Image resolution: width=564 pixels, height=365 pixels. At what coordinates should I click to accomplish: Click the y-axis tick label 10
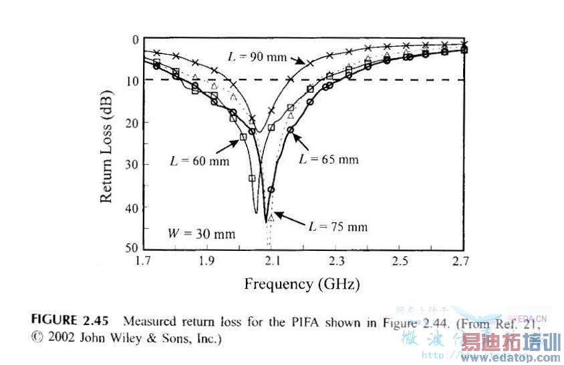click(132, 80)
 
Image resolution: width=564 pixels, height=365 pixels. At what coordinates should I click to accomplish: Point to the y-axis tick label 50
click(132, 248)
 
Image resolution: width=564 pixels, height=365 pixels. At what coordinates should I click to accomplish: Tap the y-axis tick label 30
click(132, 164)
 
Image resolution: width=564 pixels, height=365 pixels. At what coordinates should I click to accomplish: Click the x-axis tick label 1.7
click(142, 260)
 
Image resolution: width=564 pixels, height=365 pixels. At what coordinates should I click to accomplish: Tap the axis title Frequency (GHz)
click(302, 284)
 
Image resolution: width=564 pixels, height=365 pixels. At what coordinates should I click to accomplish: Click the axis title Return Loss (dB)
click(106, 143)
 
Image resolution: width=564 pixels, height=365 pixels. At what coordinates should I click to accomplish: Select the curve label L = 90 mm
click(257, 57)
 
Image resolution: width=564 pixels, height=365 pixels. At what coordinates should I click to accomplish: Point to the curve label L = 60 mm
click(198, 161)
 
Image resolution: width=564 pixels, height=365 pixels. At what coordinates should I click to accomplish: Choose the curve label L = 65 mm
click(328, 159)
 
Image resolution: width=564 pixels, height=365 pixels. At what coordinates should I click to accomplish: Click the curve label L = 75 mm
click(337, 226)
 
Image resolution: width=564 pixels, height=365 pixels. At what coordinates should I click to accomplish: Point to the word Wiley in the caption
click(122, 338)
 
